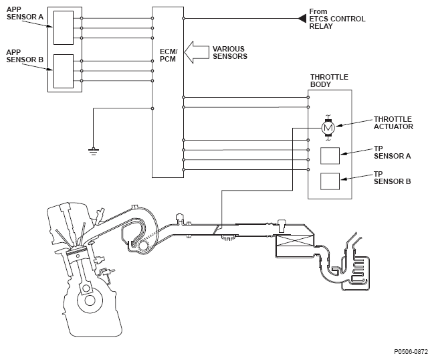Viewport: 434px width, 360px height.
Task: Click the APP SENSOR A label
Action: (25, 13)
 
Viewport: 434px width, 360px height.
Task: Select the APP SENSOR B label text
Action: (25, 56)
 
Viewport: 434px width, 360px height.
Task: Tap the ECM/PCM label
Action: (169, 56)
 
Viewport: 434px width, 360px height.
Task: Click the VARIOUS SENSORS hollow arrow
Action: (197, 52)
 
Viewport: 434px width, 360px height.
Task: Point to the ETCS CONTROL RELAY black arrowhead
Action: (302, 19)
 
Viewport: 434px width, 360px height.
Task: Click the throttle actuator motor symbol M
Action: (328, 128)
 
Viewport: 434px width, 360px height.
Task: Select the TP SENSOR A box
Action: (330, 156)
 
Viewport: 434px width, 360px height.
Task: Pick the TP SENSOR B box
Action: (330, 181)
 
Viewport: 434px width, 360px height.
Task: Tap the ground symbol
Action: (93, 151)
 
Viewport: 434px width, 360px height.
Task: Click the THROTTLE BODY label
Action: (329, 80)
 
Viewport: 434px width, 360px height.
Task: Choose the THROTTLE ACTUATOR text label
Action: (393, 123)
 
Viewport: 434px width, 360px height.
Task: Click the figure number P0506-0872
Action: (411, 352)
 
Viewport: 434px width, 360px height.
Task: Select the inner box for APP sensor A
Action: (64, 27)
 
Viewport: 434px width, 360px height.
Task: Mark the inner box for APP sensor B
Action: (64, 71)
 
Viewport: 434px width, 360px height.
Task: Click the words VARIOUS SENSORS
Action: (230, 53)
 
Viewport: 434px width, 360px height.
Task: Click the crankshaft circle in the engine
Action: (90, 300)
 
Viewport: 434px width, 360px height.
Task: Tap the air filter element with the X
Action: (295, 240)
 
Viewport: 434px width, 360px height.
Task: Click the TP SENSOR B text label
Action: (393, 178)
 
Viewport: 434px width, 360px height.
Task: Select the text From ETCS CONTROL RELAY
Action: (337, 19)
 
